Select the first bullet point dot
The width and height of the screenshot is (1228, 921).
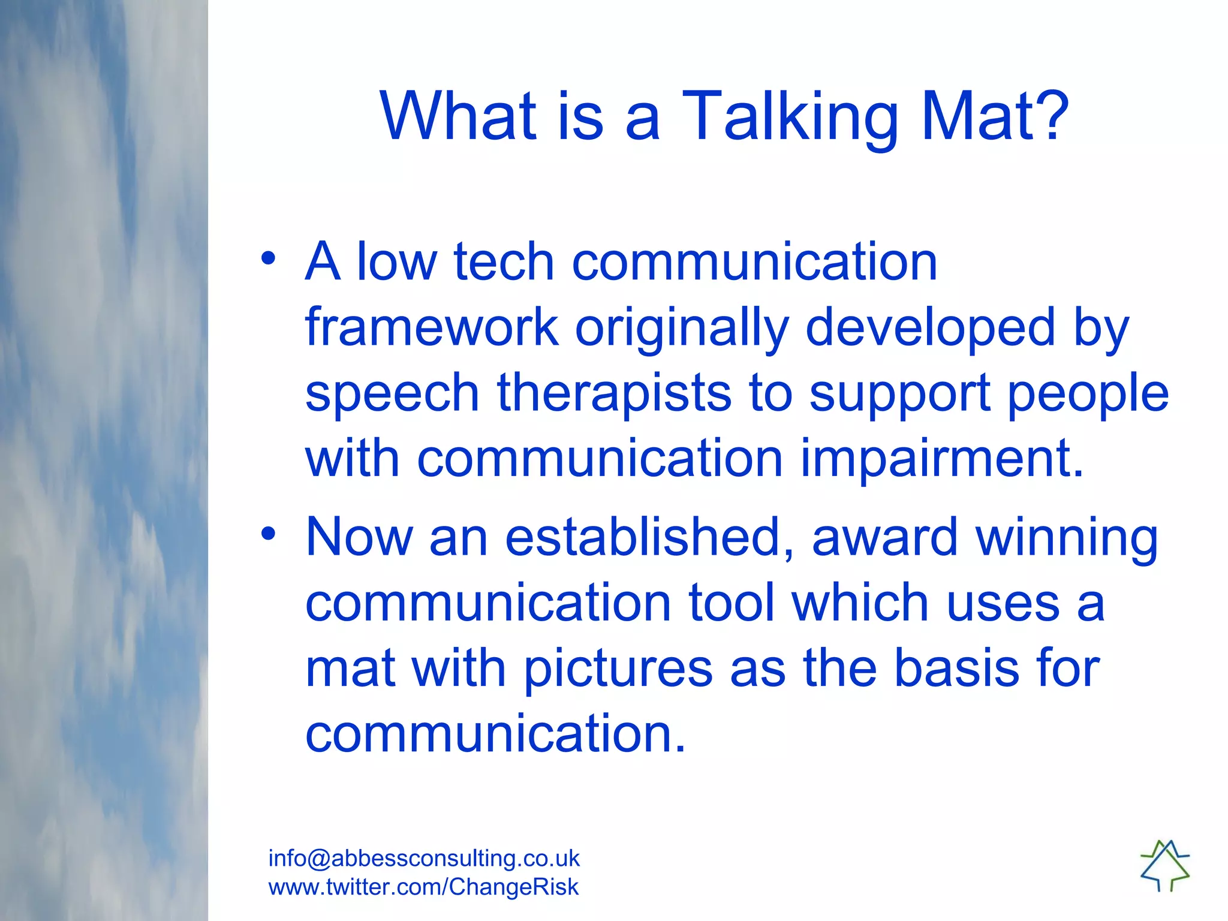coord(268,258)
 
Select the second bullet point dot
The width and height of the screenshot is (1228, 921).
coord(268,533)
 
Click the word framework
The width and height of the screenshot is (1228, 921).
coord(432,327)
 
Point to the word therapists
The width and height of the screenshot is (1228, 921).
coord(614,393)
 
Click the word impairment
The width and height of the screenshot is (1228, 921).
coord(942,459)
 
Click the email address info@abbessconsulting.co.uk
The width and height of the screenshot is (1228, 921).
coord(424,858)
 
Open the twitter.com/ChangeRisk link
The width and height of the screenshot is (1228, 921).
coord(423,887)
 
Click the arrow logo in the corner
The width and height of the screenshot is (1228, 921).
coord(1164,865)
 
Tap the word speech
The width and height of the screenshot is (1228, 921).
coord(392,395)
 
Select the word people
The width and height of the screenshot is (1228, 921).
coord(1088,395)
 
